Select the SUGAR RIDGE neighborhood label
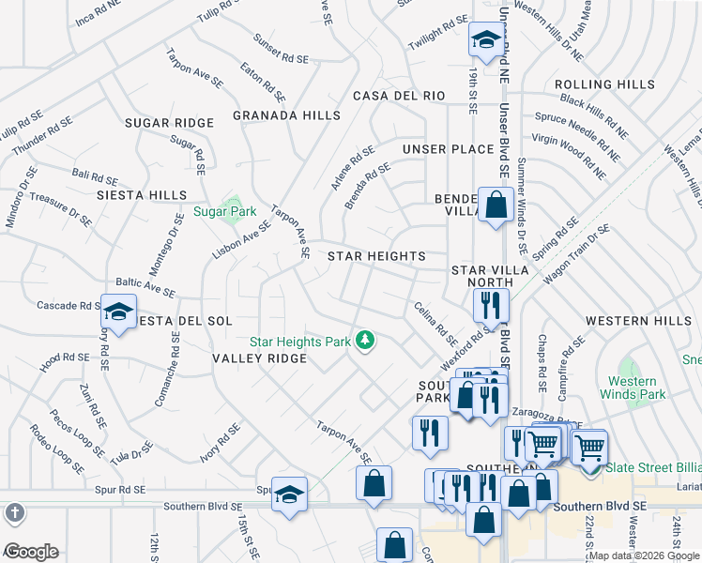169,123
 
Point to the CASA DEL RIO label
398,96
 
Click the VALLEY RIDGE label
260,358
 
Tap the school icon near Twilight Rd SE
485,39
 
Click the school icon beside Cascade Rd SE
119,311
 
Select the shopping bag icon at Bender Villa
495,205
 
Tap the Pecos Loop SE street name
75,433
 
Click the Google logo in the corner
31,552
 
